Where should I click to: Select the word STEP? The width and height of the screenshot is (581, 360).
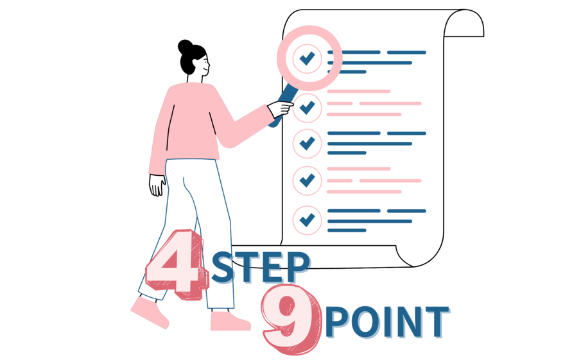[x=261, y=268]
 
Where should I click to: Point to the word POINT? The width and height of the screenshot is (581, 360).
[x=386, y=321]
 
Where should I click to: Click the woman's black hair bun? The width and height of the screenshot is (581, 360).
[x=185, y=47]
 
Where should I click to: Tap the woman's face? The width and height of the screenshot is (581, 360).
[x=201, y=62]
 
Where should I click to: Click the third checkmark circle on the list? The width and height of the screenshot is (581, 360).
[x=308, y=143]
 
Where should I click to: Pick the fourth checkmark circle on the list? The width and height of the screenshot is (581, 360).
[x=308, y=180]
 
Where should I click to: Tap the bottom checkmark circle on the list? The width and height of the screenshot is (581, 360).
[x=308, y=219]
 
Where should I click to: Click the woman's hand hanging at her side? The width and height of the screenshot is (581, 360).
[x=157, y=184]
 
